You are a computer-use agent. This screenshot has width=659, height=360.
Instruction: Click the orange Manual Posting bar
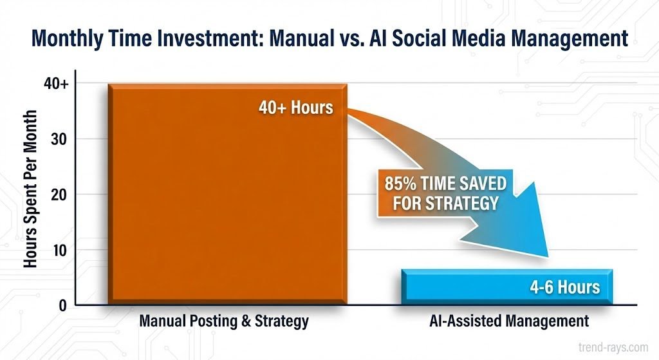228,193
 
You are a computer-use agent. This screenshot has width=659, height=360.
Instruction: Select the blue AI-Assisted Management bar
507,287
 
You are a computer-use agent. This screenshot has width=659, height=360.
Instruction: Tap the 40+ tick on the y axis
56,84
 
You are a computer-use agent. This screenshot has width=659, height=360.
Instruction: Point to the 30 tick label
59,139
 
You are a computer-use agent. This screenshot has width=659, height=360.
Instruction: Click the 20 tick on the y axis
59,194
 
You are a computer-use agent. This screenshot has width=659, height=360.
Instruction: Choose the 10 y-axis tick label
59,251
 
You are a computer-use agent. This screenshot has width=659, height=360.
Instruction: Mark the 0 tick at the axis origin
62,305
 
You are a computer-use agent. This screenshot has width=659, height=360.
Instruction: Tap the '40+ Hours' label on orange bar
296,108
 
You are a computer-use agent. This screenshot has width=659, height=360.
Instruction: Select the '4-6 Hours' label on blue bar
565,287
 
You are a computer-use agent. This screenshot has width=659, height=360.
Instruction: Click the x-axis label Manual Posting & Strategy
224,321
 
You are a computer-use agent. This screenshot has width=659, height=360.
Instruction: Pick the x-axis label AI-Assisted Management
509,321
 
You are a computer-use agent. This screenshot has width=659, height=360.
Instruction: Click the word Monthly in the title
67,39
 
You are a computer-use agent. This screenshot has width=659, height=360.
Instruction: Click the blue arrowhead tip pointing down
548,256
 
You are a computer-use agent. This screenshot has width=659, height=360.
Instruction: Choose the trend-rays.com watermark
613,347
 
